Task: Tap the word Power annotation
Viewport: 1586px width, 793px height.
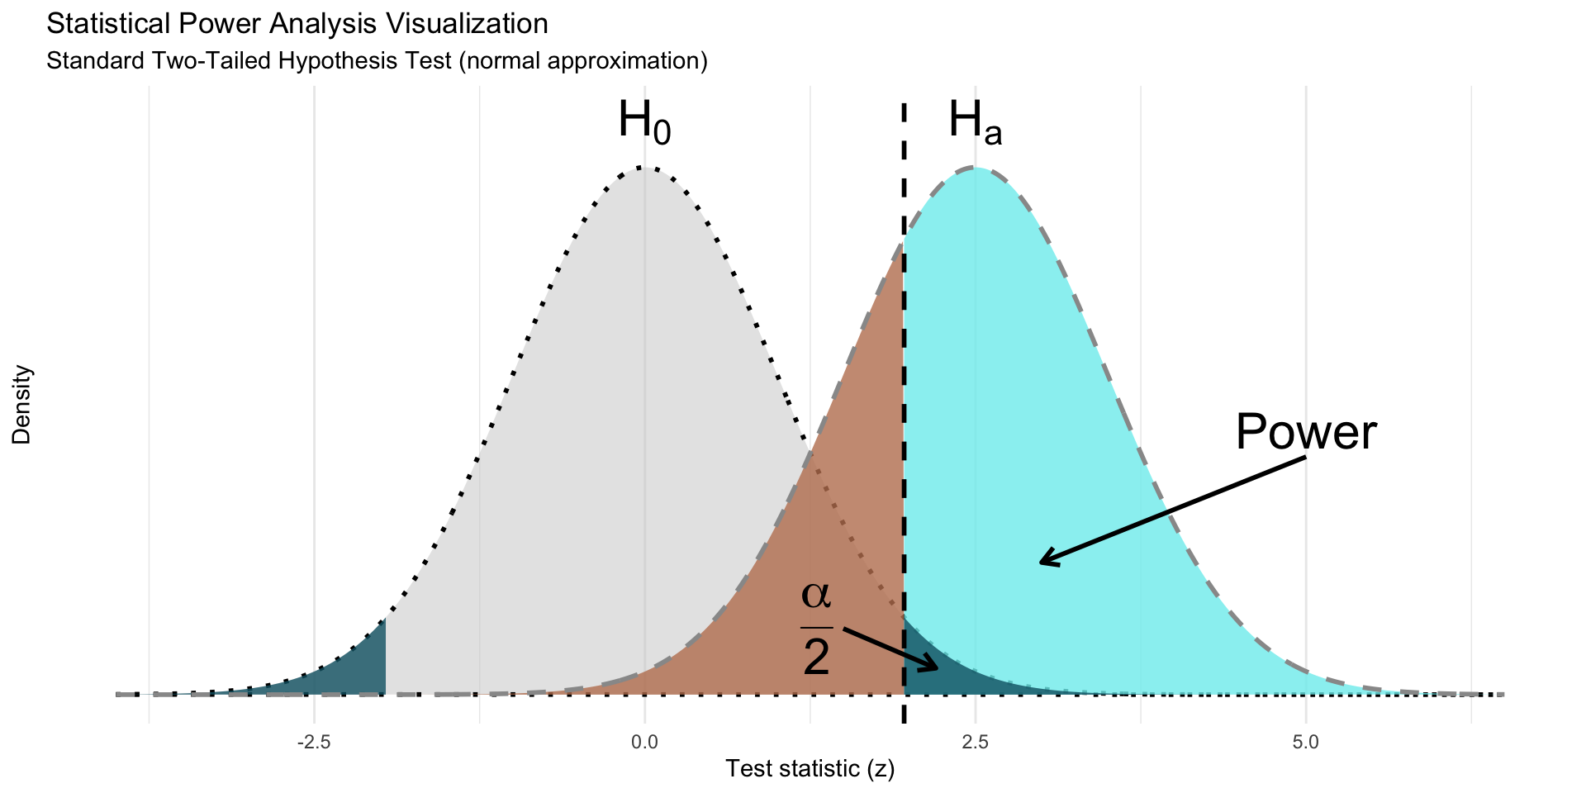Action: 1306,432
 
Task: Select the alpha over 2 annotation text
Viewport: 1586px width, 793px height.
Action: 816,628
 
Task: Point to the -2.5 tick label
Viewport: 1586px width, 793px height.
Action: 313,743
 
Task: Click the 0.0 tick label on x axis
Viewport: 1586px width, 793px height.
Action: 644,743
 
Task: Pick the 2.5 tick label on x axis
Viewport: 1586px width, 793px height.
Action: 976,743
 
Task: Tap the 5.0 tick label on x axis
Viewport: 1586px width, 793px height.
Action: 1306,743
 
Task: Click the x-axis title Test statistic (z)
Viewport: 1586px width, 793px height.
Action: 810,769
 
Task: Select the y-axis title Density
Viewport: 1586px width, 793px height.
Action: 21,405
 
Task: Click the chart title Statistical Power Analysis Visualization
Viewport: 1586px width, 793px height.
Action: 297,24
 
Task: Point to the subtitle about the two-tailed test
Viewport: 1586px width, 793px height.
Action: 377,61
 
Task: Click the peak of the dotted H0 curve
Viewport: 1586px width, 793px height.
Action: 643,168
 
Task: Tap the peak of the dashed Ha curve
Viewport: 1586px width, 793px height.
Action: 975,168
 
